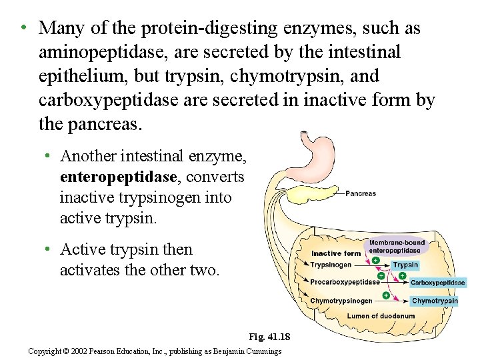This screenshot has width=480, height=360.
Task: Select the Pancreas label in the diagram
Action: click(361, 194)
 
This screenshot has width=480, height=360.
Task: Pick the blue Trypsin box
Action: click(405, 265)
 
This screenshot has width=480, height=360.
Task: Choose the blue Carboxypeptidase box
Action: click(437, 283)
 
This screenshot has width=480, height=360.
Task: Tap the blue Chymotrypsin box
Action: click(434, 301)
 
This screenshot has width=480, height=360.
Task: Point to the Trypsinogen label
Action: click(331, 265)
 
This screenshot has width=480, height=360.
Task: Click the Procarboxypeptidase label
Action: click(345, 282)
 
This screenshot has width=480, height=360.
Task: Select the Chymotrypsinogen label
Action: click(341, 301)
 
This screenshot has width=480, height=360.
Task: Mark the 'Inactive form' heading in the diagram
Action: click(336, 253)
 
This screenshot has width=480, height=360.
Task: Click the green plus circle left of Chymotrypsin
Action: click(385, 294)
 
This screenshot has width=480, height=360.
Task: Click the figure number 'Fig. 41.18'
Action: click(269, 337)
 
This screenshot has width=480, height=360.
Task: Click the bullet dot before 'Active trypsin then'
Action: click(48, 250)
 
